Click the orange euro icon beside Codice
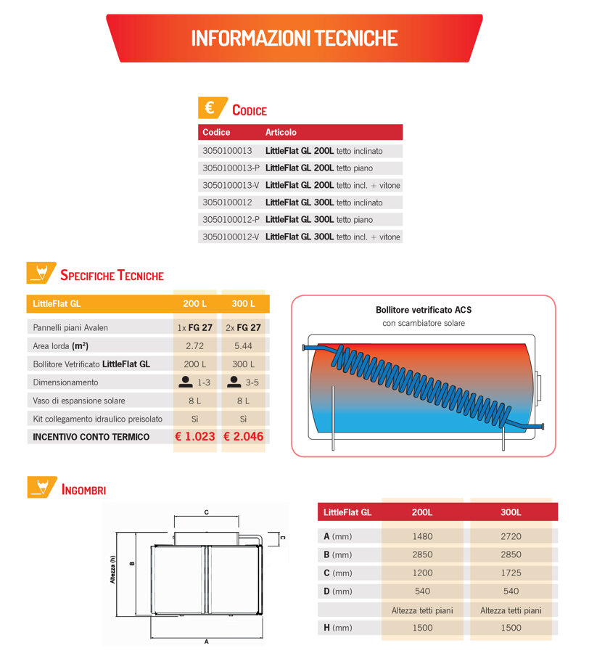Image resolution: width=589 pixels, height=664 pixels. pyautogui.click(x=212, y=107)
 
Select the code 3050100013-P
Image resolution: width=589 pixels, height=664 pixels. pyautogui.click(x=231, y=168)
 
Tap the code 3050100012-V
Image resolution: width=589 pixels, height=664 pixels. pyautogui.click(x=231, y=237)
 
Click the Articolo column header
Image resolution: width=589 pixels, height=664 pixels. pyautogui.click(x=281, y=132)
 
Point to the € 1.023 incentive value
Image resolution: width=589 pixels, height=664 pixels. pyautogui.click(x=195, y=437)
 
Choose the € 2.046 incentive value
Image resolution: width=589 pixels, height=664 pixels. pyautogui.click(x=244, y=437)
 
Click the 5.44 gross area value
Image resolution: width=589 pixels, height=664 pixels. pyautogui.click(x=244, y=346)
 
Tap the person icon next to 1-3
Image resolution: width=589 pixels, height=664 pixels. pyautogui.click(x=186, y=382)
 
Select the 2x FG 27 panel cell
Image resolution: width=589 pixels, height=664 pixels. pyautogui.click(x=244, y=328)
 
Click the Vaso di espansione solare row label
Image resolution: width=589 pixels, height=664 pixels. pyautogui.click(x=79, y=401)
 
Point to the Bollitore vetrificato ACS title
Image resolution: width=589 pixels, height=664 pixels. pyautogui.click(x=424, y=310)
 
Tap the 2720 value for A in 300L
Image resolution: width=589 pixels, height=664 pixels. pyautogui.click(x=511, y=536)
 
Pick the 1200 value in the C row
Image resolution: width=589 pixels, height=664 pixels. pyautogui.click(x=423, y=573)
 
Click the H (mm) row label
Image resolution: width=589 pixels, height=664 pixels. pyautogui.click(x=338, y=628)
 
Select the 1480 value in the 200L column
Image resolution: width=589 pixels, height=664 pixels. pyautogui.click(x=423, y=536)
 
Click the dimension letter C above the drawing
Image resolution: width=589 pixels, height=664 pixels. pyautogui.click(x=207, y=512)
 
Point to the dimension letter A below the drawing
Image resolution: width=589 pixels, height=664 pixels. pyautogui.click(x=207, y=642)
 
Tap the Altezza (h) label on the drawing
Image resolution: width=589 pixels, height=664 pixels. pyautogui.click(x=112, y=570)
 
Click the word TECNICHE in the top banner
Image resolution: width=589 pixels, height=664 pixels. pyautogui.click(x=355, y=38)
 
